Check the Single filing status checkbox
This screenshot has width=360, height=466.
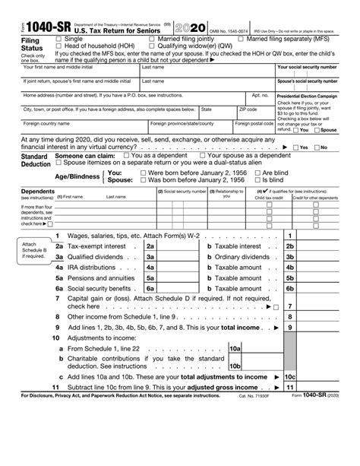58,38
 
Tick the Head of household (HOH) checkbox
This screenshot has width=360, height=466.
58,46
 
